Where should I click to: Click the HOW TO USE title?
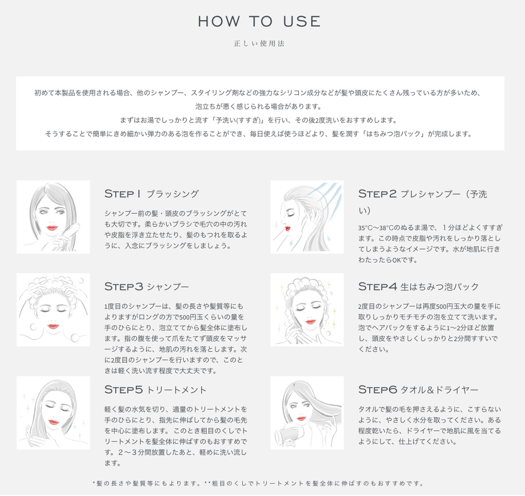coord(259,22)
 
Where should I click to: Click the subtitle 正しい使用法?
coord(259,44)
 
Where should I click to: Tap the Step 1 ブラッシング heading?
coord(151,194)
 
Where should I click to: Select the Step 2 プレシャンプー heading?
coord(422,194)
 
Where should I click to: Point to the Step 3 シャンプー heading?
coord(146,287)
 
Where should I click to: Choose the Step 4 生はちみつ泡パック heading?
coord(418,287)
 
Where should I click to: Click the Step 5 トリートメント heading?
coord(155,389)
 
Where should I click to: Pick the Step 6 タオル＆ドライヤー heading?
coord(418,389)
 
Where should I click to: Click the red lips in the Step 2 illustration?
coord(288,227)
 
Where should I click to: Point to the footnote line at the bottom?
coord(259,483)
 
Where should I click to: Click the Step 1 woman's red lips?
coord(52,228)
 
